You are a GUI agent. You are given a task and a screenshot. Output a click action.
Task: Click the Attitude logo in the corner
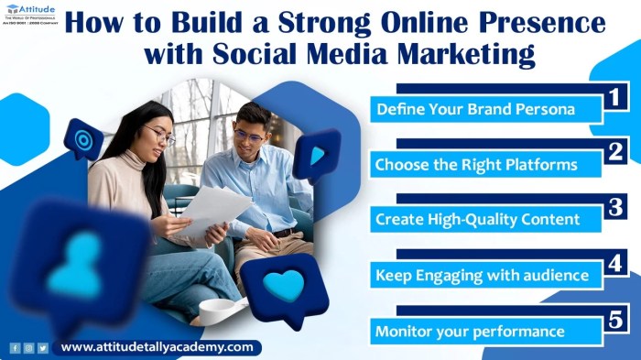point(30,16)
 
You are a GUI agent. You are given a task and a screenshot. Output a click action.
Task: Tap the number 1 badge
point(615,96)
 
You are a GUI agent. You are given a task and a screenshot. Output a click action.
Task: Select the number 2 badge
point(615,150)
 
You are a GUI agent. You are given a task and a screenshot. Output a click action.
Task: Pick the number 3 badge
point(615,206)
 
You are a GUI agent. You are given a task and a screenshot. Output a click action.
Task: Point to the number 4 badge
point(615,262)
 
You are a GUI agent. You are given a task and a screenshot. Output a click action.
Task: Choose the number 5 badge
point(615,318)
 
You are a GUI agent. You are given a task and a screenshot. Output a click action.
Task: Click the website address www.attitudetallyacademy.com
point(157,348)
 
